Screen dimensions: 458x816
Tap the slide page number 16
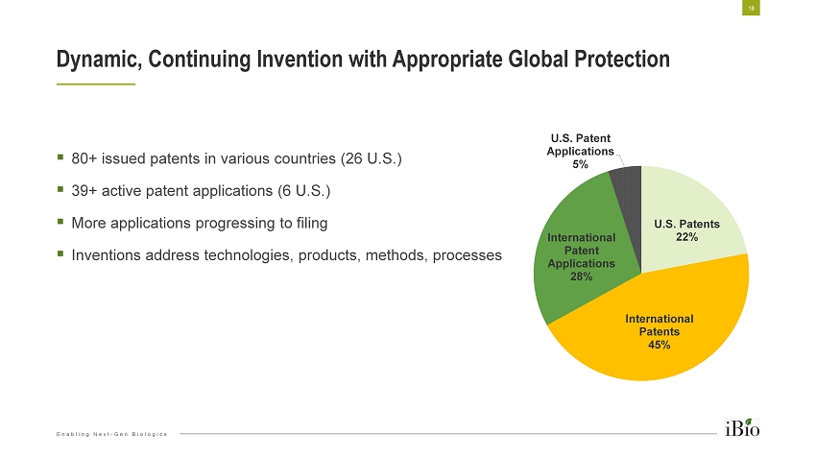click(x=749, y=8)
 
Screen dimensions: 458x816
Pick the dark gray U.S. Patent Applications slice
click(x=626, y=183)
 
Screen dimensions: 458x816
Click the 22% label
click(x=686, y=237)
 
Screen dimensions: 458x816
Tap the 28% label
click(x=581, y=276)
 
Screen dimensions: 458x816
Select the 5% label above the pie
click(x=580, y=164)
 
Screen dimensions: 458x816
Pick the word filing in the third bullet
click(x=310, y=223)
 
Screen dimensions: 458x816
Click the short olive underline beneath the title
click(x=96, y=84)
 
